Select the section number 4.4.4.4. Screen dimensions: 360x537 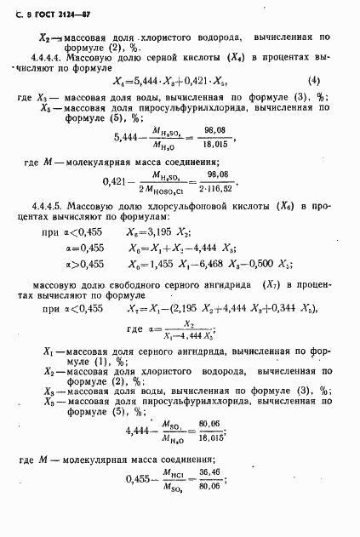point(48,61)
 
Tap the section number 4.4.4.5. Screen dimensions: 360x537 point(49,206)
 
